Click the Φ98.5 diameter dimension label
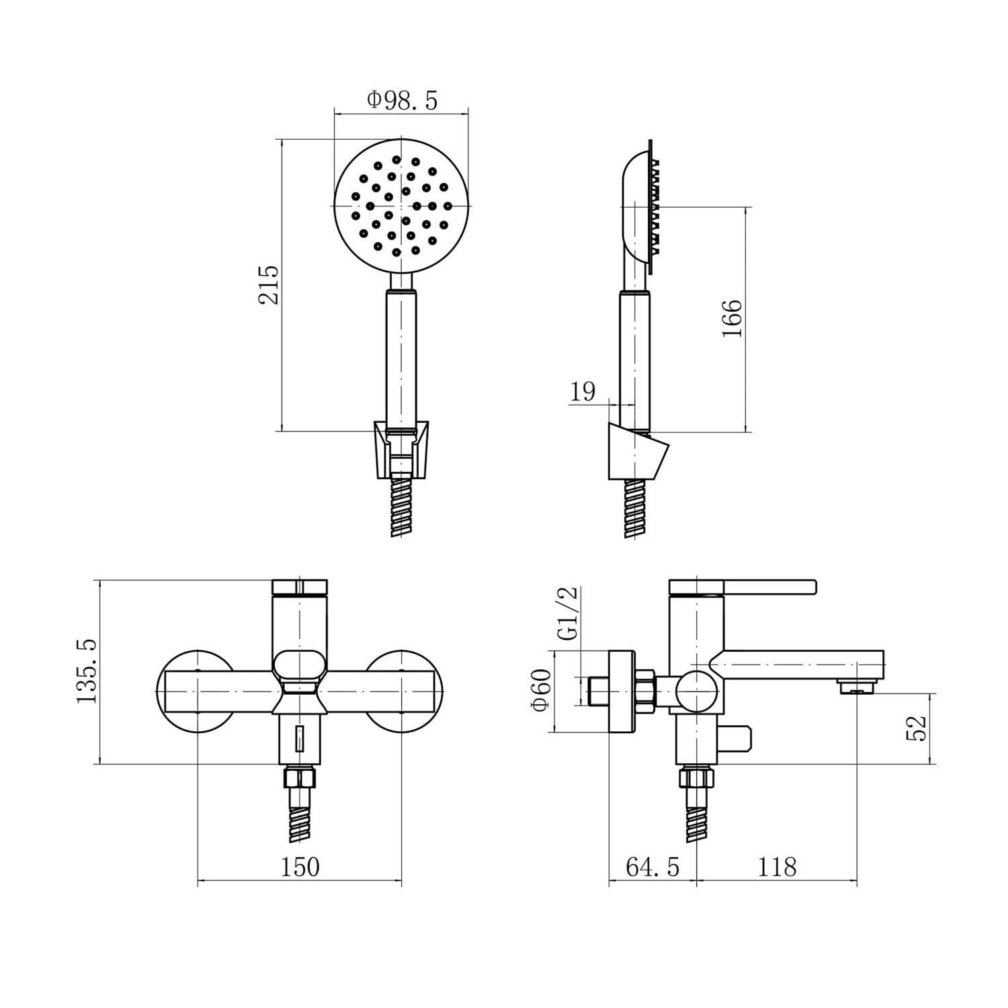402,101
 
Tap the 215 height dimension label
269,285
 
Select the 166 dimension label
732,319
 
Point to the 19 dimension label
583,391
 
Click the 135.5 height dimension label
87,671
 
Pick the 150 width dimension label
299,867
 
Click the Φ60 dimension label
540,689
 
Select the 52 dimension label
917,727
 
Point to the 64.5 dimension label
653,867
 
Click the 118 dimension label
777,867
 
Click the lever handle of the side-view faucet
743,587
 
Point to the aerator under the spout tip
857,686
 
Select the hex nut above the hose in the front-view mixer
300,778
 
